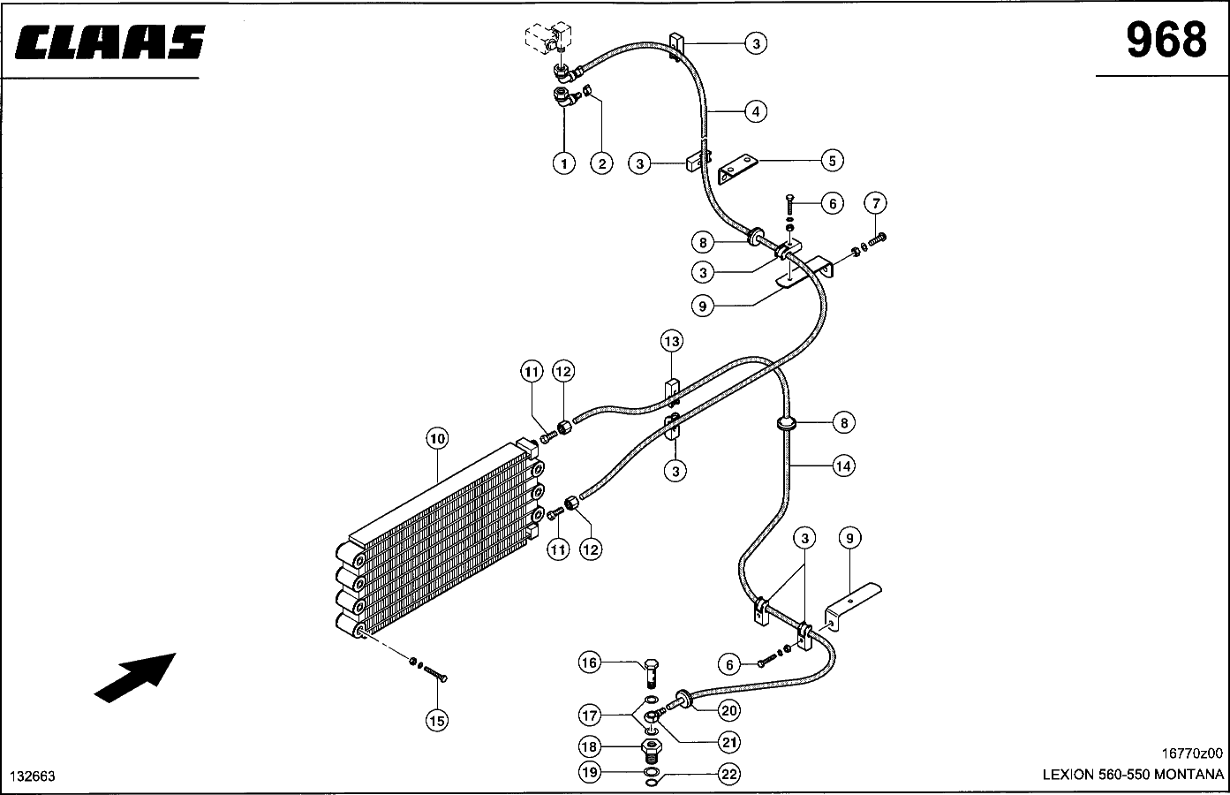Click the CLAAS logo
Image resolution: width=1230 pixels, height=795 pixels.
[109, 42]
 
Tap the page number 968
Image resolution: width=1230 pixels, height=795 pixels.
[1166, 40]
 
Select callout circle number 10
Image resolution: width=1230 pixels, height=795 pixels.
[437, 438]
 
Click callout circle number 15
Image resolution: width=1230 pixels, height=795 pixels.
[437, 720]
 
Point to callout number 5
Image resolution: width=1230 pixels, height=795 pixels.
[832, 161]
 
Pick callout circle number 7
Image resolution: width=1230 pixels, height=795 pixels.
[876, 203]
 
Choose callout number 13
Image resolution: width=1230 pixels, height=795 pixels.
[672, 341]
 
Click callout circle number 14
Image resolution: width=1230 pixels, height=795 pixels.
[843, 466]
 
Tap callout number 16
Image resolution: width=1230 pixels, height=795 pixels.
[589, 662]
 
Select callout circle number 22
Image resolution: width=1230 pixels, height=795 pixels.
[729, 774]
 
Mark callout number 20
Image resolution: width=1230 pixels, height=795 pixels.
[729, 710]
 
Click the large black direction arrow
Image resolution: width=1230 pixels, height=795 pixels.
[135, 678]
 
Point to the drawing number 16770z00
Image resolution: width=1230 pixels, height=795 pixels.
[1191, 753]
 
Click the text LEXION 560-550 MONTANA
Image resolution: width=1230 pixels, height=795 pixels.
[1133, 775]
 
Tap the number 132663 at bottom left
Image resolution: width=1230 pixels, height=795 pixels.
[33, 776]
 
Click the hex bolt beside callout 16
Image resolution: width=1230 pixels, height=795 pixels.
[651, 672]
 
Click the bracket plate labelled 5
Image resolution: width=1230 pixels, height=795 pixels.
[738, 169]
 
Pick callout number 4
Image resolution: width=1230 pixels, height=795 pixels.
[756, 111]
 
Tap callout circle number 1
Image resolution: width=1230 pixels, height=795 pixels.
[564, 163]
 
